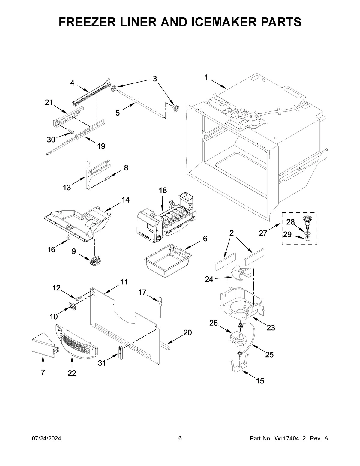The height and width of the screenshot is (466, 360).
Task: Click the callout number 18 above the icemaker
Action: tap(163, 190)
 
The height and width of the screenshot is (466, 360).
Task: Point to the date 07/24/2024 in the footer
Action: tap(46, 439)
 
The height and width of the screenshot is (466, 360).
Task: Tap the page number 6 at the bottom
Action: tap(180, 439)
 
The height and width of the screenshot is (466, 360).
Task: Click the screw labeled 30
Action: tap(71, 131)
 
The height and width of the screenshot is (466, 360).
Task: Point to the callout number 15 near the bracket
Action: tap(260, 381)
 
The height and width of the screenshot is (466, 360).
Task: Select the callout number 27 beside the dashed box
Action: tap(263, 233)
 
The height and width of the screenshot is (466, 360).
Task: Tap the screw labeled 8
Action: tap(107, 178)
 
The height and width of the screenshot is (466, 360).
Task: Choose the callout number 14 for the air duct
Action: tap(125, 200)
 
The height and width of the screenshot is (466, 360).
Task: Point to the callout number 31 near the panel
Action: tap(102, 363)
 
